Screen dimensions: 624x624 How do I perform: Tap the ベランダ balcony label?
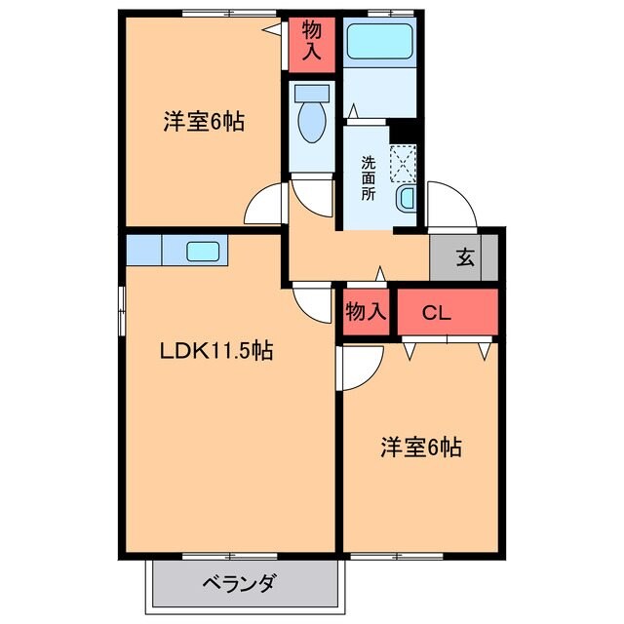(239, 584)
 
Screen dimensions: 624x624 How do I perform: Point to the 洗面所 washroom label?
(369, 177)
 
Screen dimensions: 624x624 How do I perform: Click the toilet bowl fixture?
(312, 117)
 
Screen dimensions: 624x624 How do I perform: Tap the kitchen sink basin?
(204, 251)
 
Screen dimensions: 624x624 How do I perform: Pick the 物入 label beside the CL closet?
(366, 312)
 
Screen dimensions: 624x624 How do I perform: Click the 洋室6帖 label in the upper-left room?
(203, 123)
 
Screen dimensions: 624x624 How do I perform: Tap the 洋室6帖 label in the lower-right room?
(420, 448)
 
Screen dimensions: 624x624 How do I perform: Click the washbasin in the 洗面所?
(407, 200)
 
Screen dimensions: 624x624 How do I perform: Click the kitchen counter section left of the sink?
(143, 251)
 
